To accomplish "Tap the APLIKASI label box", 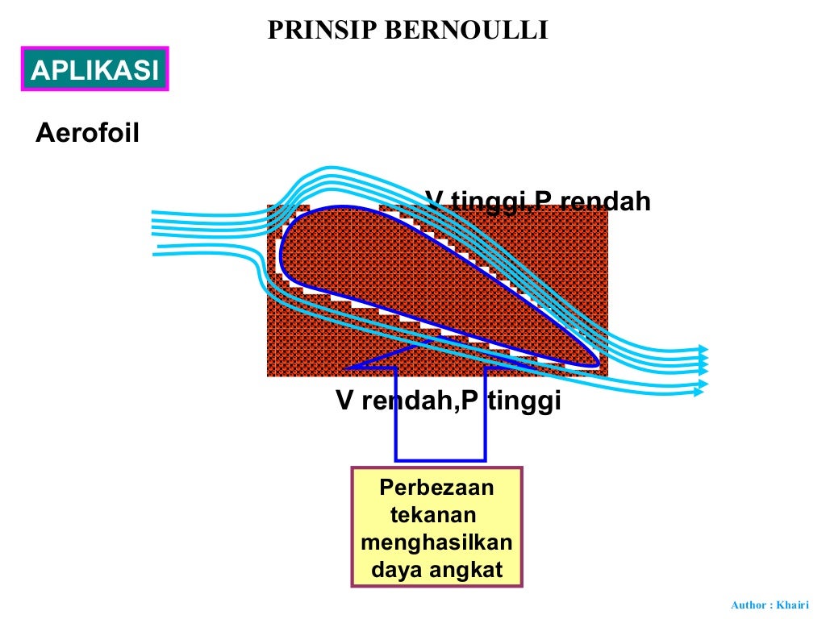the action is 94,70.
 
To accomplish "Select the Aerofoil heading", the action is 87,133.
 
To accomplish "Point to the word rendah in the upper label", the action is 604,201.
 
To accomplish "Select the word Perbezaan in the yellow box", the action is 436,488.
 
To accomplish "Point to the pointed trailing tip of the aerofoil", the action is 597,364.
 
